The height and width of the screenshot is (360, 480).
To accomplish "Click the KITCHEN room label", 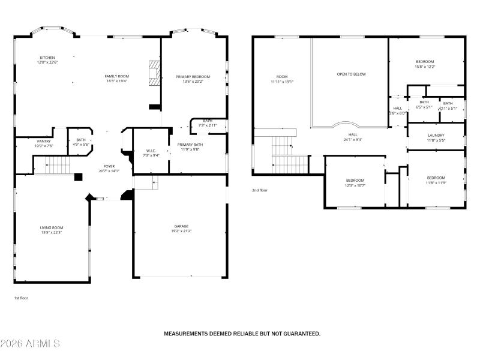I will [x=47, y=58].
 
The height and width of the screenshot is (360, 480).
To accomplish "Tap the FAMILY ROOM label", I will [x=117, y=76].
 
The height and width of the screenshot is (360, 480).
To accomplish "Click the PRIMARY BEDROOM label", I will [x=193, y=77].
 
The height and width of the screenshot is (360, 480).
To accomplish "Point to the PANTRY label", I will [x=44, y=141].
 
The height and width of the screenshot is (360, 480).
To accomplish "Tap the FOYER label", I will [x=109, y=167].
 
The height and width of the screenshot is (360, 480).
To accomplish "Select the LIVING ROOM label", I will [x=52, y=227].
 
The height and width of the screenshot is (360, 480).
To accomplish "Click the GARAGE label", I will [x=181, y=226].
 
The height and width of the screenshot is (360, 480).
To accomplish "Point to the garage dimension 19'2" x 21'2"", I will [x=181, y=231].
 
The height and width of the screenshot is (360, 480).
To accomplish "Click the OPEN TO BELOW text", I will [x=351, y=74].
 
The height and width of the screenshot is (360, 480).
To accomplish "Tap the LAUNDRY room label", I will [x=436, y=136].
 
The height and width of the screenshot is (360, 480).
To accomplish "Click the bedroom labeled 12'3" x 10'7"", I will [x=355, y=181].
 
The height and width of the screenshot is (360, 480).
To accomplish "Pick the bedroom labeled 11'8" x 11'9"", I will [x=436, y=178].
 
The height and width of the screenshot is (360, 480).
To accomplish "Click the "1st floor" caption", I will [x=21, y=298].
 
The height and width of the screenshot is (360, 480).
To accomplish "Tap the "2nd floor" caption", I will [x=259, y=190].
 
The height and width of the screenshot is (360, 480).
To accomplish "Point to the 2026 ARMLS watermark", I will [x=30, y=344].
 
